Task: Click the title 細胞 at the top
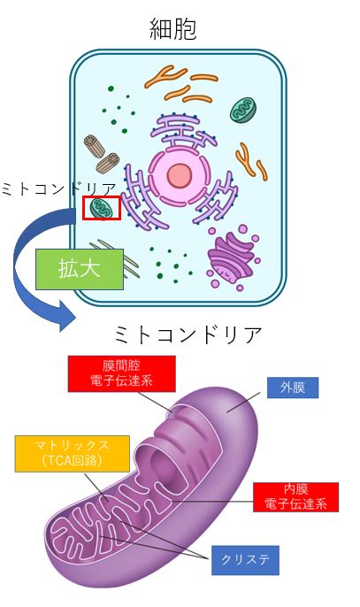173,29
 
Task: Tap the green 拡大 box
80,269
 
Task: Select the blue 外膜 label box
293,388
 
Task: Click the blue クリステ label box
245,560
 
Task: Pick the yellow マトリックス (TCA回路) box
72,454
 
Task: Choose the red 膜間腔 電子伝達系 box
121,373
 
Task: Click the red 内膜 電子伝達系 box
295,497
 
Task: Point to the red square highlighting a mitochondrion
102,196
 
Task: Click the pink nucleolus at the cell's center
180,176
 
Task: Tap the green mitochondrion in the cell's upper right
243,111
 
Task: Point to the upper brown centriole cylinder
95,146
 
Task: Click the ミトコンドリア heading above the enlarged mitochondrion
188,335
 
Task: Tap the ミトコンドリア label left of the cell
59,189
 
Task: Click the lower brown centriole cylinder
107,163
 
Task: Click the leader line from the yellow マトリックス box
96,487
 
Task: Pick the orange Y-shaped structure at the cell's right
251,162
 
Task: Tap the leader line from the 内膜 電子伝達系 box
212,502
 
